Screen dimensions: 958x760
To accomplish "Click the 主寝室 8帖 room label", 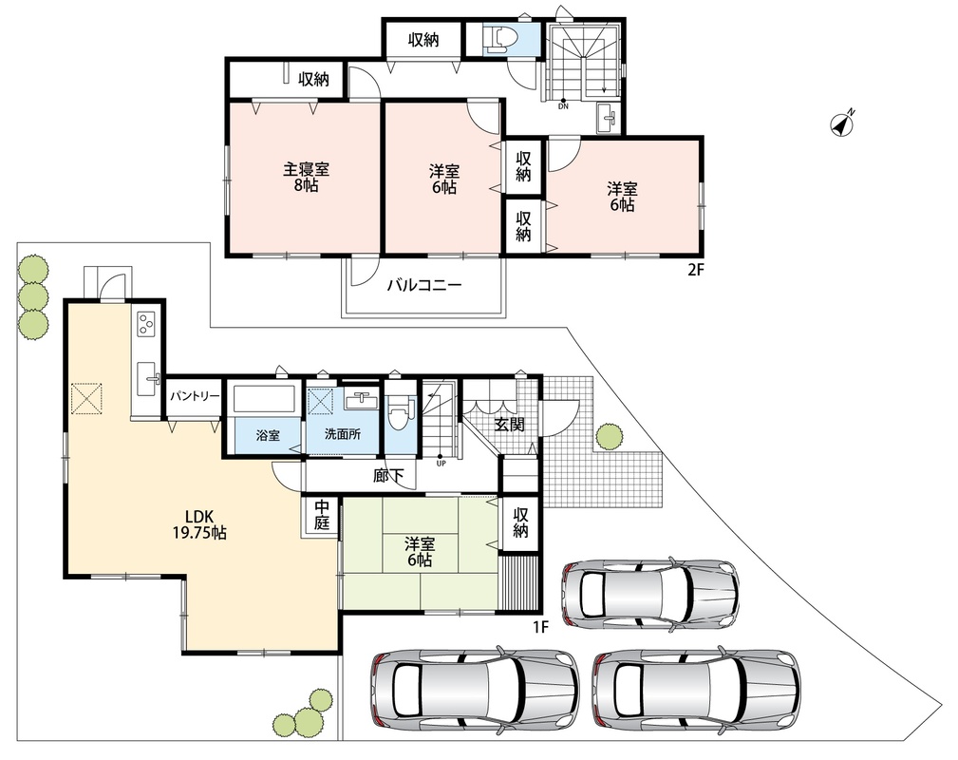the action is [x=305, y=178].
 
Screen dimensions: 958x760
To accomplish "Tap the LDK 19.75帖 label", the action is [x=199, y=525].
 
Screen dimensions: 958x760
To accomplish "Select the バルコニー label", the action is [x=424, y=285].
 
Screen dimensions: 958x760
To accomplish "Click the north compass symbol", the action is [x=842, y=123].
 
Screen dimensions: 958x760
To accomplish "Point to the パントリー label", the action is [x=195, y=396].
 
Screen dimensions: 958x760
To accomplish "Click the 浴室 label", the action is [x=268, y=435].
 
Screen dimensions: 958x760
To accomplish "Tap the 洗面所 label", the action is [x=342, y=434].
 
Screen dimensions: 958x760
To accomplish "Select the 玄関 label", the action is [x=509, y=425].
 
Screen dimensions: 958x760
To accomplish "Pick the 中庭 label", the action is [x=322, y=515].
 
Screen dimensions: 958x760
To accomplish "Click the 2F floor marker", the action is [x=696, y=270].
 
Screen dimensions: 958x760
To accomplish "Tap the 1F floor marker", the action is [x=541, y=626].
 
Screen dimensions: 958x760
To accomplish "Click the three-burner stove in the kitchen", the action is [x=146, y=323].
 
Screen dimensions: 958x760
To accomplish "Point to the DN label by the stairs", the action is [x=563, y=106].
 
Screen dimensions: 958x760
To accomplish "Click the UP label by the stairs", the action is [x=441, y=463].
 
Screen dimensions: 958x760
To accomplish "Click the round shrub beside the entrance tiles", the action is [x=610, y=436].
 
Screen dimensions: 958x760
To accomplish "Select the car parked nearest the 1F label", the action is [x=650, y=593].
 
